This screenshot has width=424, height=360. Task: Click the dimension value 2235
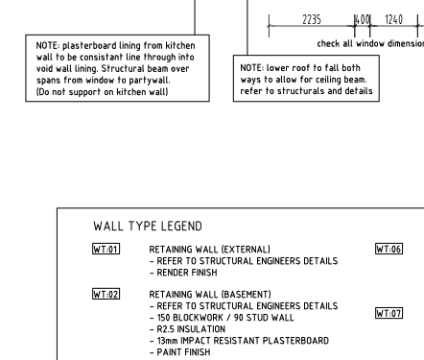tap(312, 19)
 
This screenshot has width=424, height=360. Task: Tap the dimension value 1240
tap(393, 19)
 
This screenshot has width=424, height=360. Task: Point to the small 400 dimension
tap(363, 19)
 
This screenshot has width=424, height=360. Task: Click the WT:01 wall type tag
tap(106, 249)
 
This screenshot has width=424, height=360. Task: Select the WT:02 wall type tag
tap(106, 294)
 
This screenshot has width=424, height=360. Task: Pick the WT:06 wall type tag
tap(389, 249)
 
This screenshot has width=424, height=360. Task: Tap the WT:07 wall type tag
tap(389, 313)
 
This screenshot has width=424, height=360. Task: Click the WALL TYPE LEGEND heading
tap(148, 227)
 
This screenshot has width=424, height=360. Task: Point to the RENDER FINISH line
tap(183, 273)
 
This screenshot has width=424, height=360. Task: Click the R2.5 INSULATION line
tap(187, 329)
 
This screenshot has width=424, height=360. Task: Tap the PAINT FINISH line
tap(180, 352)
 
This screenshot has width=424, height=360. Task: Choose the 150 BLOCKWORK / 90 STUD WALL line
tap(222, 318)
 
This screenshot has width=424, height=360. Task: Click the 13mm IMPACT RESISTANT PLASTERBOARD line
tap(239, 341)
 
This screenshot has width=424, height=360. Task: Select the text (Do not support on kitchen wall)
tap(102, 92)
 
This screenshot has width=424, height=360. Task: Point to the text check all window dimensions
tap(370, 43)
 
